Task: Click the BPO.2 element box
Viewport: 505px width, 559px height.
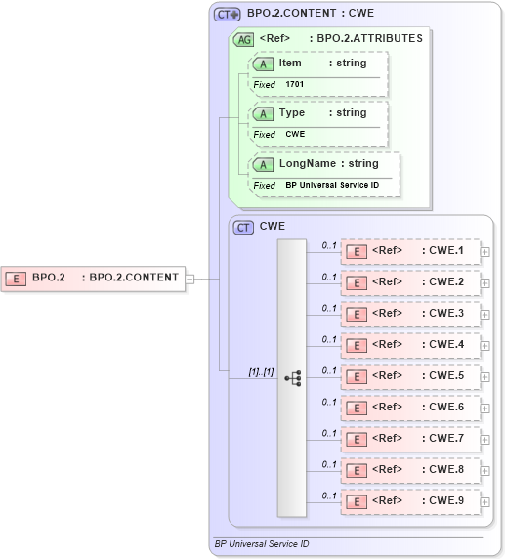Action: click(x=93, y=278)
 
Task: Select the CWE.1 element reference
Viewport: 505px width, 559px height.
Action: click(x=410, y=251)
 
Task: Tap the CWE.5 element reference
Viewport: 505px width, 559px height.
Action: click(x=410, y=376)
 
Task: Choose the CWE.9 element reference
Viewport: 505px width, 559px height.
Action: click(x=410, y=501)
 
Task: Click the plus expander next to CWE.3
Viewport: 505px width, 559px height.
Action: click(x=485, y=314)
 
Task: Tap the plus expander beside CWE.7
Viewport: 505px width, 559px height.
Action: click(x=485, y=439)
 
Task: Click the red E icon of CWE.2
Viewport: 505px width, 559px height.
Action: click(x=358, y=282)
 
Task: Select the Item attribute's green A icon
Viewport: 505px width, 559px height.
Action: click(x=263, y=64)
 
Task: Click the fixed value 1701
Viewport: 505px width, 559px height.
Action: click(x=295, y=85)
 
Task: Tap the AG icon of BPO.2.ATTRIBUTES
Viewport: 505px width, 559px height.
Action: click(x=242, y=39)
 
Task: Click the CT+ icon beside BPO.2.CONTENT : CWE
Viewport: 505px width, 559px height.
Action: click(x=228, y=15)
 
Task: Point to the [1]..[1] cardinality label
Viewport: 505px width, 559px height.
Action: click(x=261, y=372)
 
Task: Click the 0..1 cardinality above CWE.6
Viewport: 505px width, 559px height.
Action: click(x=329, y=402)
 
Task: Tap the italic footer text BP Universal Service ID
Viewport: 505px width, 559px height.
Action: click(x=262, y=543)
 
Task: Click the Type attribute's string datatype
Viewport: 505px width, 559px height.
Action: click(x=347, y=113)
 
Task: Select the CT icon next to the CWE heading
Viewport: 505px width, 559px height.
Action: click(x=243, y=227)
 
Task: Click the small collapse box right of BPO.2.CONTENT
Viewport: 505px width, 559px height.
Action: click(x=190, y=279)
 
